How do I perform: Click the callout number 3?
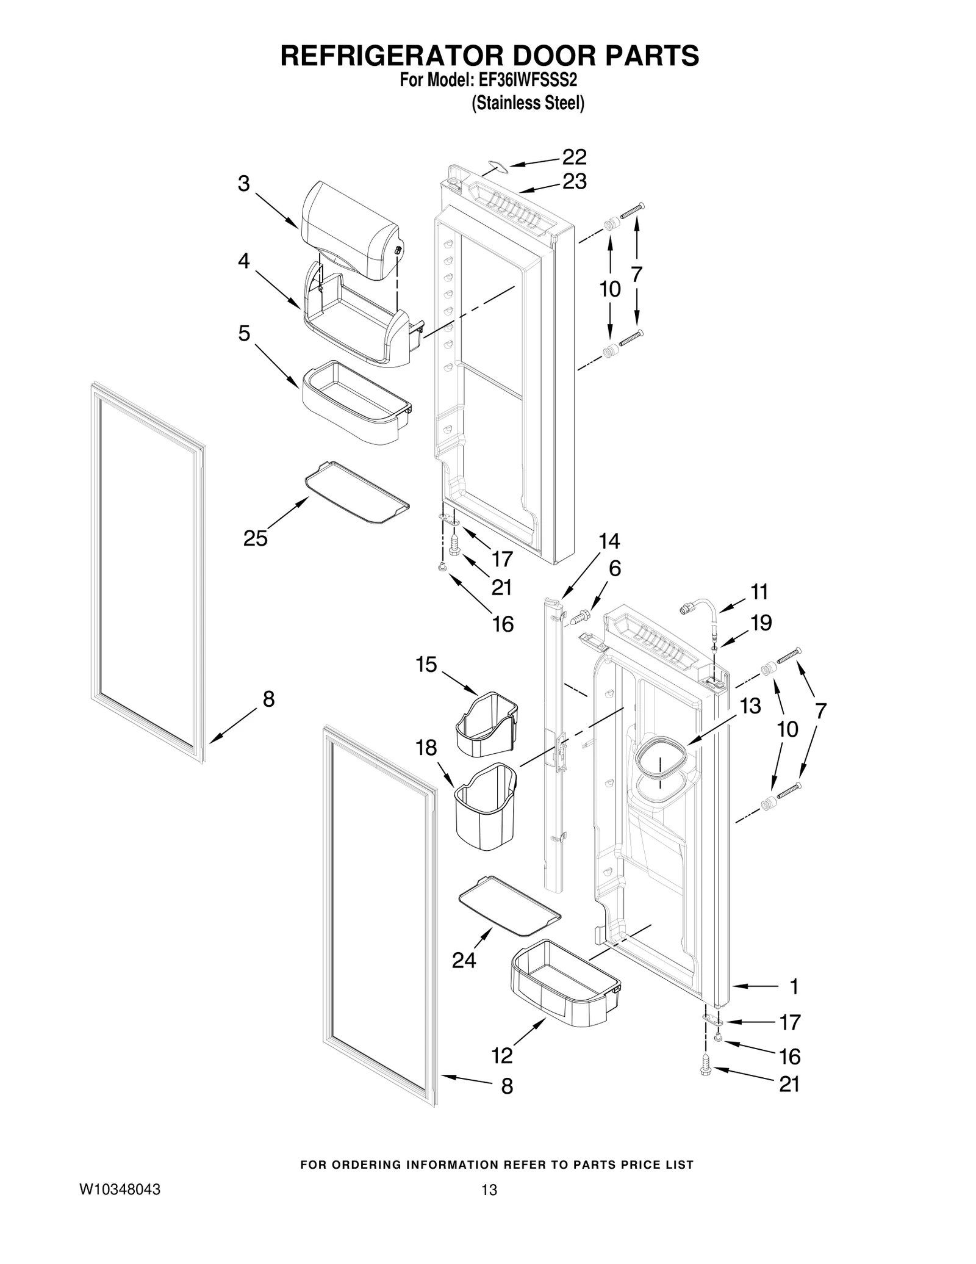[244, 183]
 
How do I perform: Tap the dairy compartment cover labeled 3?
[348, 232]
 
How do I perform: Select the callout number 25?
[255, 538]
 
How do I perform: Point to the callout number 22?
[574, 157]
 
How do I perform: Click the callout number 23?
[574, 181]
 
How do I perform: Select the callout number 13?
[750, 706]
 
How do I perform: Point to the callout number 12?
[502, 1055]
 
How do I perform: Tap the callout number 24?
[464, 961]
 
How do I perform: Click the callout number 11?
[759, 591]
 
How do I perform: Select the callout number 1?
[794, 986]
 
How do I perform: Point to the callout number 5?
[244, 333]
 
